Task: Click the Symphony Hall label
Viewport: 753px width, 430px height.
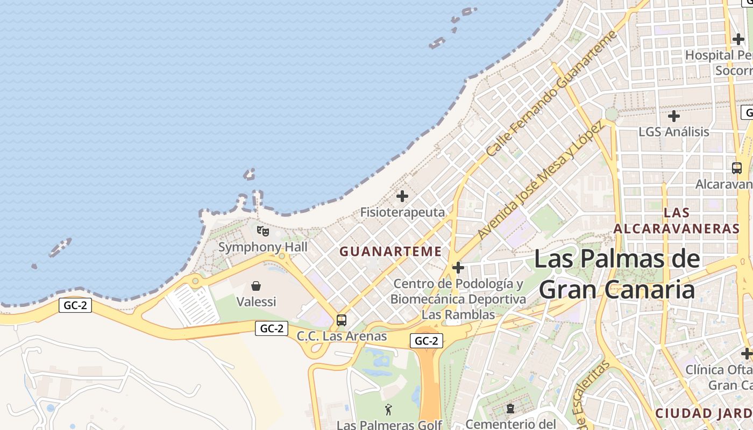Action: (x=262, y=247)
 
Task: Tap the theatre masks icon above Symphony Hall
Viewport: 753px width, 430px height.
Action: (x=262, y=231)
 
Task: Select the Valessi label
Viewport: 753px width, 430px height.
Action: (x=256, y=302)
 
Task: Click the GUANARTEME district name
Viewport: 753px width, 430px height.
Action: (x=390, y=252)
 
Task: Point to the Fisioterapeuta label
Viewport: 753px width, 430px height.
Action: (x=402, y=212)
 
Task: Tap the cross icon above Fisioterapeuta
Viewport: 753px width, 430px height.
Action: (x=402, y=196)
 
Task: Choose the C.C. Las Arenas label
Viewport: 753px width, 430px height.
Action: (x=342, y=336)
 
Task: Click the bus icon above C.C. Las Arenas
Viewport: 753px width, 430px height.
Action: (x=342, y=320)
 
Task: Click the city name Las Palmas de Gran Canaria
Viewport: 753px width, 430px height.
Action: (x=617, y=274)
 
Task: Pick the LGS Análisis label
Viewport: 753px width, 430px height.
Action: (x=673, y=132)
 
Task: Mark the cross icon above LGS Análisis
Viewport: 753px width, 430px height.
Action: (x=673, y=116)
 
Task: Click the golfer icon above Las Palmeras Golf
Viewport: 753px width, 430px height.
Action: (x=389, y=410)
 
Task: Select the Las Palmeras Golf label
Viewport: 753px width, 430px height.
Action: (x=389, y=425)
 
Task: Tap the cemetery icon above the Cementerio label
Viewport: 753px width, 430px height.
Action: (x=510, y=409)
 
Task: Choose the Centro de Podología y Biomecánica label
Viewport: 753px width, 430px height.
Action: (x=458, y=291)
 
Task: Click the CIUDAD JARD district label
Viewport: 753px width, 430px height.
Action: (x=704, y=413)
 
